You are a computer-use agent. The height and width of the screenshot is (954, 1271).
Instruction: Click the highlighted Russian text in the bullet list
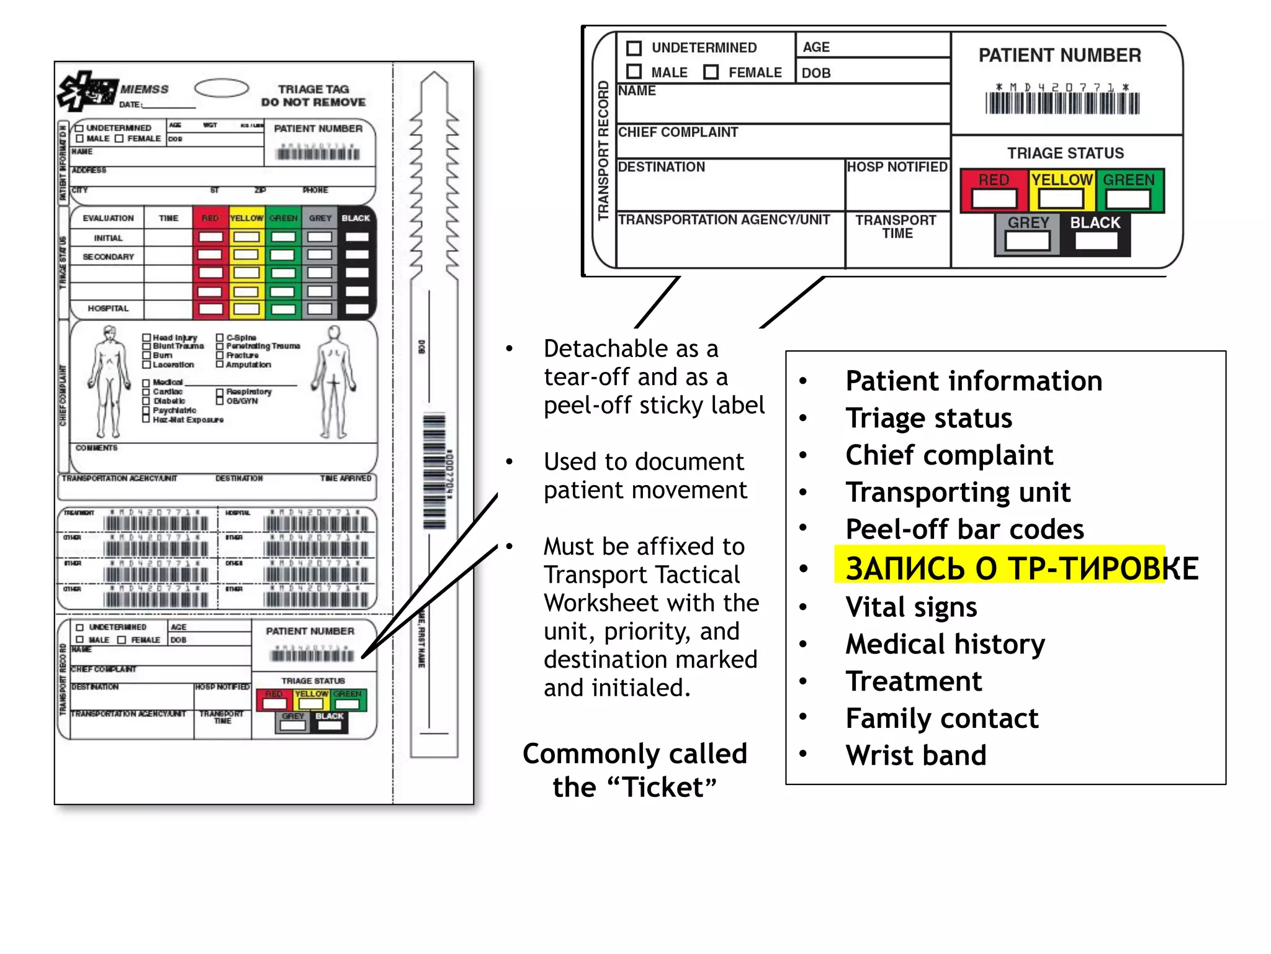pos(1018,568)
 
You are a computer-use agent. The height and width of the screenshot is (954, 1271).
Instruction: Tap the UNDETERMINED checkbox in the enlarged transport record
pos(634,48)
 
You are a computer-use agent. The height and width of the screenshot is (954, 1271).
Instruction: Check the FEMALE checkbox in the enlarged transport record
pos(711,73)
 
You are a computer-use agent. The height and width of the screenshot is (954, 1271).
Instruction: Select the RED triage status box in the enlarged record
pos(994,198)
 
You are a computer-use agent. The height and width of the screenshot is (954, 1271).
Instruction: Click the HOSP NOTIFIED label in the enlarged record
pos(897,167)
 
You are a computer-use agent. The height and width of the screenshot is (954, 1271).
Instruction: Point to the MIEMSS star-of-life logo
pos(87,91)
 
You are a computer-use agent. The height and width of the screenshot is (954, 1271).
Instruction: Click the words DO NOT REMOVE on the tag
pos(313,102)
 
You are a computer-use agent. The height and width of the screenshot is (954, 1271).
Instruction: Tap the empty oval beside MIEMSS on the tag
pos(222,88)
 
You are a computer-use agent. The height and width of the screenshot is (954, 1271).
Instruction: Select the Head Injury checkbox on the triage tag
pos(146,338)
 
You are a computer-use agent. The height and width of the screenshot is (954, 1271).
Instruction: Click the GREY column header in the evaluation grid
pos(320,218)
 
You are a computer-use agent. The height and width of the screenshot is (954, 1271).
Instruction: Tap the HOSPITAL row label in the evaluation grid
pos(108,309)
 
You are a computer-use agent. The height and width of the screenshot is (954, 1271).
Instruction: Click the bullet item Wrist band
pos(915,755)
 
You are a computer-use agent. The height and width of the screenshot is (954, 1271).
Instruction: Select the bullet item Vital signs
pos(911,607)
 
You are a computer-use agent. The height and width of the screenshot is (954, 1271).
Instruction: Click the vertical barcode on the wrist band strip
pos(434,472)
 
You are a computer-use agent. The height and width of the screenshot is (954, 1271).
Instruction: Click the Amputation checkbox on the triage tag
pos(220,365)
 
